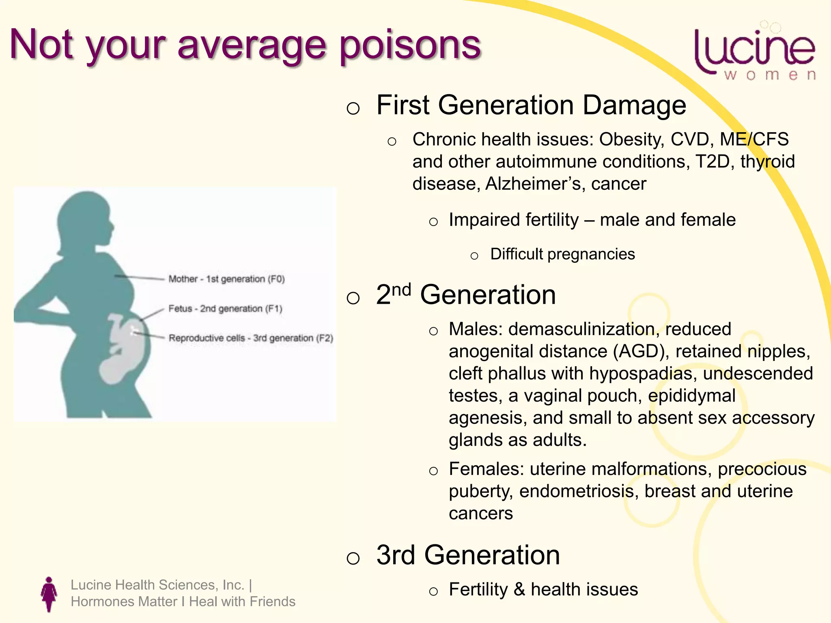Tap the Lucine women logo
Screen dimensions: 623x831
coord(755,53)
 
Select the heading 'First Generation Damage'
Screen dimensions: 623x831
coord(531,105)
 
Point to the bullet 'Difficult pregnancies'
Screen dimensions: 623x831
coord(562,254)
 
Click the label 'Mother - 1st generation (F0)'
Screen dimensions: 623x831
coord(226,279)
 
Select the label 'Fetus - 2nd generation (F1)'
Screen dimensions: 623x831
coord(225,309)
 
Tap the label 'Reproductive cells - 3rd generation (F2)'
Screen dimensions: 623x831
coord(251,338)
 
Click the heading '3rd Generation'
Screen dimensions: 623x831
coord(468,555)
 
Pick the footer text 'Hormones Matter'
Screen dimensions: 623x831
coord(124,602)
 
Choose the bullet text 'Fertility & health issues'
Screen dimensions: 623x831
coord(543,589)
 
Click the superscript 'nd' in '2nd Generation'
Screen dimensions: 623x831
coord(401,290)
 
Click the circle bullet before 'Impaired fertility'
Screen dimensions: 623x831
coord(433,221)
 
